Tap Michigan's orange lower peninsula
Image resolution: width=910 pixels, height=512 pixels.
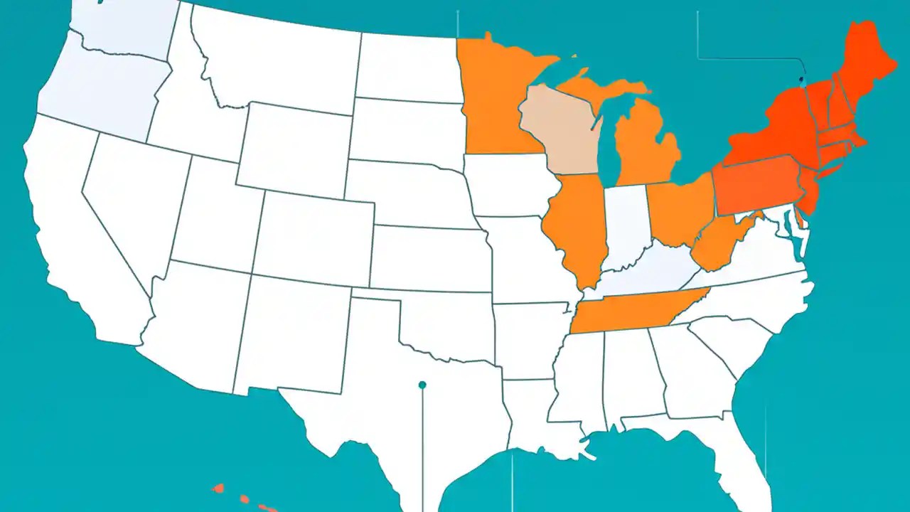[x=643, y=146]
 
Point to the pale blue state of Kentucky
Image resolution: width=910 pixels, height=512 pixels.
[x=654, y=274]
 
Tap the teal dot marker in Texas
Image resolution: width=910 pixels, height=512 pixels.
[x=422, y=385]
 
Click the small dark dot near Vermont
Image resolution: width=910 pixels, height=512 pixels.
[x=801, y=79]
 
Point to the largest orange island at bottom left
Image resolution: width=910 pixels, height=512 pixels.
[x=219, y=489]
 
